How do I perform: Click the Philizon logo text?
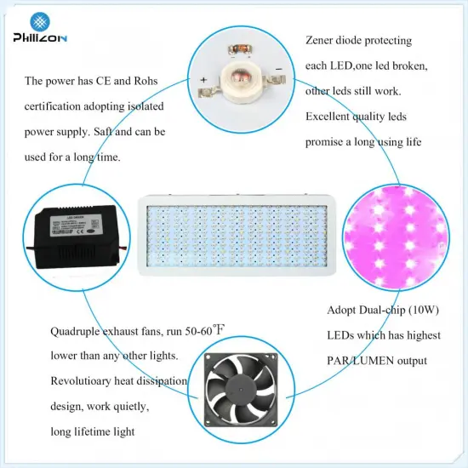(42, 37)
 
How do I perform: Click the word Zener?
(322, 41)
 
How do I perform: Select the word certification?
(56, 107)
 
